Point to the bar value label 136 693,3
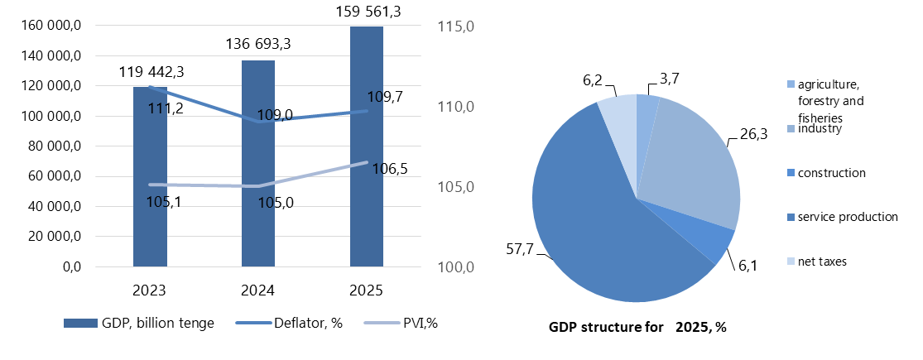point(257,43)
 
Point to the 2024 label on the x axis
point(258,290)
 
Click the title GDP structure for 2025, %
point(637,327)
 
